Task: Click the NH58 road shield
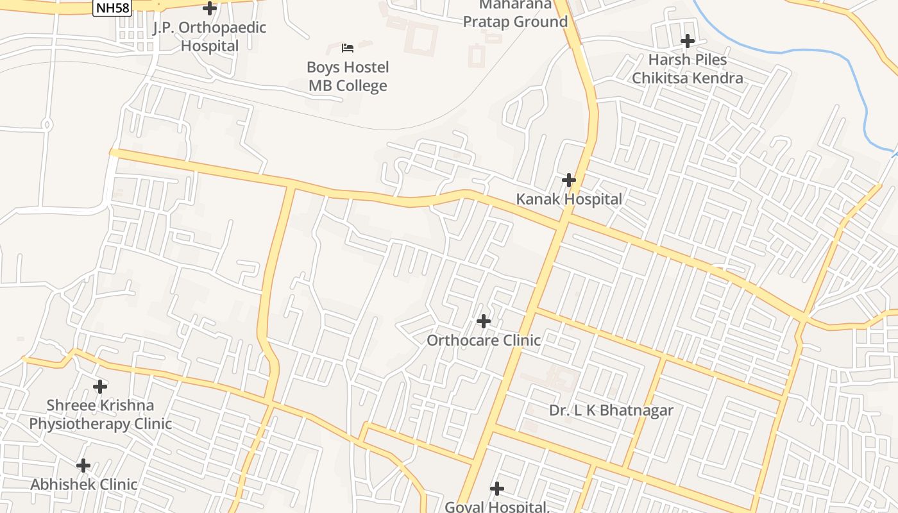[112, 8]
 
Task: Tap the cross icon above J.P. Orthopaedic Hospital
[210, 8]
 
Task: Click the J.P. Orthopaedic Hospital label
[210, 37]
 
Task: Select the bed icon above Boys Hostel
[348, 48]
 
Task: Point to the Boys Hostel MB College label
[348, 76]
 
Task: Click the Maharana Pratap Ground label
[515, 13]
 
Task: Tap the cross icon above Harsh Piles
[688, 41]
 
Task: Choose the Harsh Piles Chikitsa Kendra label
[688, 69]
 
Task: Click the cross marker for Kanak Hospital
[569, 180]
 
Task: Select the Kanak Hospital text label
[569, 199]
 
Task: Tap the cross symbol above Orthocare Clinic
[484, 321]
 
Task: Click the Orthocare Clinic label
[484, 340]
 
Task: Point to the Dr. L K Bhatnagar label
[611, 410]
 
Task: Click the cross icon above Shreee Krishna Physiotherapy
[100, 387]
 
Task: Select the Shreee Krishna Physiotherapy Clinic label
[100, 414]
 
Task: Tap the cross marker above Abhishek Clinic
[83, 466]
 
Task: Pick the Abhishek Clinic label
[83, 484]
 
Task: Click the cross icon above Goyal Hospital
[497, 489]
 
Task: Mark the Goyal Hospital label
[497, 507]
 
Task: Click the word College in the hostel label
[364, 86]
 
